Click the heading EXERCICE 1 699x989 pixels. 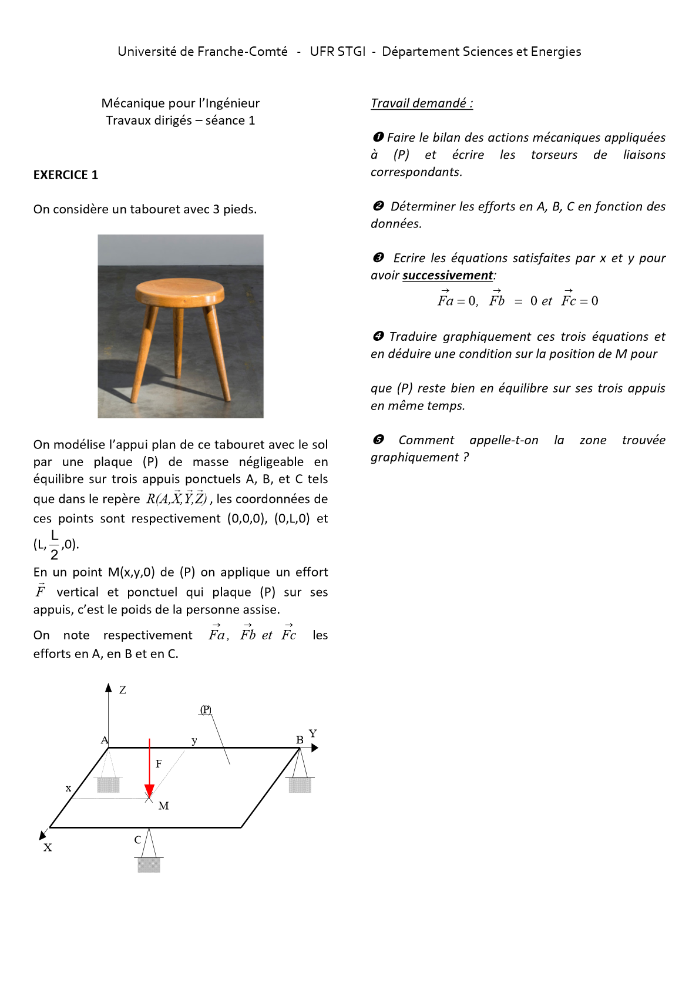tap(66, 175)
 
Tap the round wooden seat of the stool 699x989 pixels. tap(180, 291)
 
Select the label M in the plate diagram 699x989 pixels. tap(163, 806)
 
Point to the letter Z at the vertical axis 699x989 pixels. tap(122, 690)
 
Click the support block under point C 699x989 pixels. tap(149, 864)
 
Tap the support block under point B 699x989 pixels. tap(300, 785)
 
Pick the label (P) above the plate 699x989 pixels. tap(206, 710)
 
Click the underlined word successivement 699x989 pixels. tap(448, 276)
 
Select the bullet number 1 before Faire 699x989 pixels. tap(378, 138)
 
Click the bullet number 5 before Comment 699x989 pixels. tap(378, 440)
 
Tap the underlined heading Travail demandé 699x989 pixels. tap(421, 103)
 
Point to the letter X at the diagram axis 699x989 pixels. tap(48, 847)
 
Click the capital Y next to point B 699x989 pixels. tap(313, 733)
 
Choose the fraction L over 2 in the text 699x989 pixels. tap(55, 545)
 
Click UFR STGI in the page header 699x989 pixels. tap(338, 52)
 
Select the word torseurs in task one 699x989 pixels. tap(554, 155)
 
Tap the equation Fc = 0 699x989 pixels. tap(579, 301)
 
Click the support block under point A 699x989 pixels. tap(108, 785)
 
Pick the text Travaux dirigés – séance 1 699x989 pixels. tap(180, 120)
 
